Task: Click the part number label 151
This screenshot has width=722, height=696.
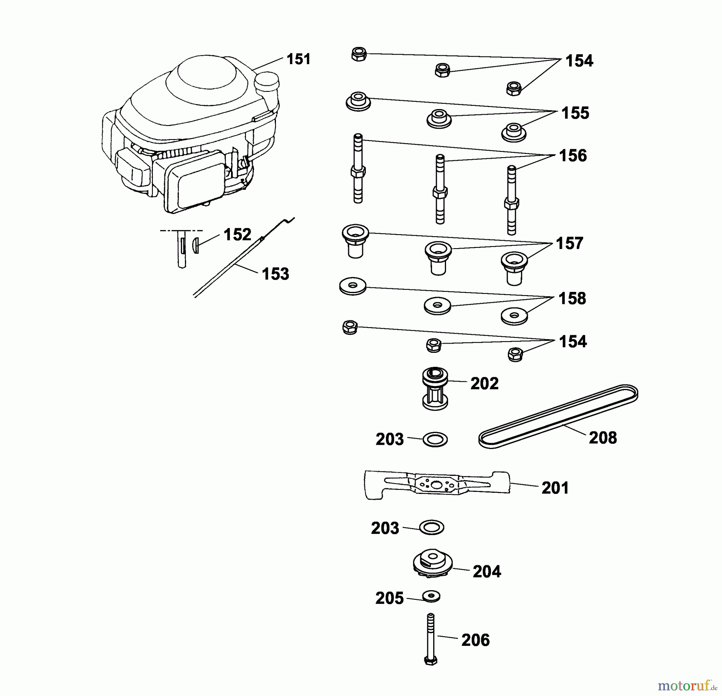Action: pos(298,59)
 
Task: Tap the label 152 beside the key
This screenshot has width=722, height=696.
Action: pos(237,235)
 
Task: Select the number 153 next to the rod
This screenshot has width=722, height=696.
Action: pos(275,274)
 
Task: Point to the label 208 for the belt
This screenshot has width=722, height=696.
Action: pos(602,438)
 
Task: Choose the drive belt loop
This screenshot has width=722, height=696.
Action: pos(558,417)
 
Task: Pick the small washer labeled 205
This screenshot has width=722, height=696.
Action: pos(431,596)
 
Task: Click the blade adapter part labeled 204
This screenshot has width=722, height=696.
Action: pos(432,563)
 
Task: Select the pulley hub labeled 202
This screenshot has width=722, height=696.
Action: pos(435,389)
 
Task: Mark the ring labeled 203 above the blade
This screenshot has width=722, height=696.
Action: pos(435,439)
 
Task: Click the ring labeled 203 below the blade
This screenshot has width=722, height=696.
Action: pos(432,527)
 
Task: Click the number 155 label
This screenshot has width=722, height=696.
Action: pos(575,113)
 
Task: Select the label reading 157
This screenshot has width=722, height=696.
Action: pos(569,243)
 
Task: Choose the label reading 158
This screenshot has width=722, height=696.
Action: pos(572,299)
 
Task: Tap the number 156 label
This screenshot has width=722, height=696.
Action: pos(573,156)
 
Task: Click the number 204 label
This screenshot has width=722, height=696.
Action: pos(487,572)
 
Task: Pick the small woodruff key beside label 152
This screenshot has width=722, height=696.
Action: pos(196,245)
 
